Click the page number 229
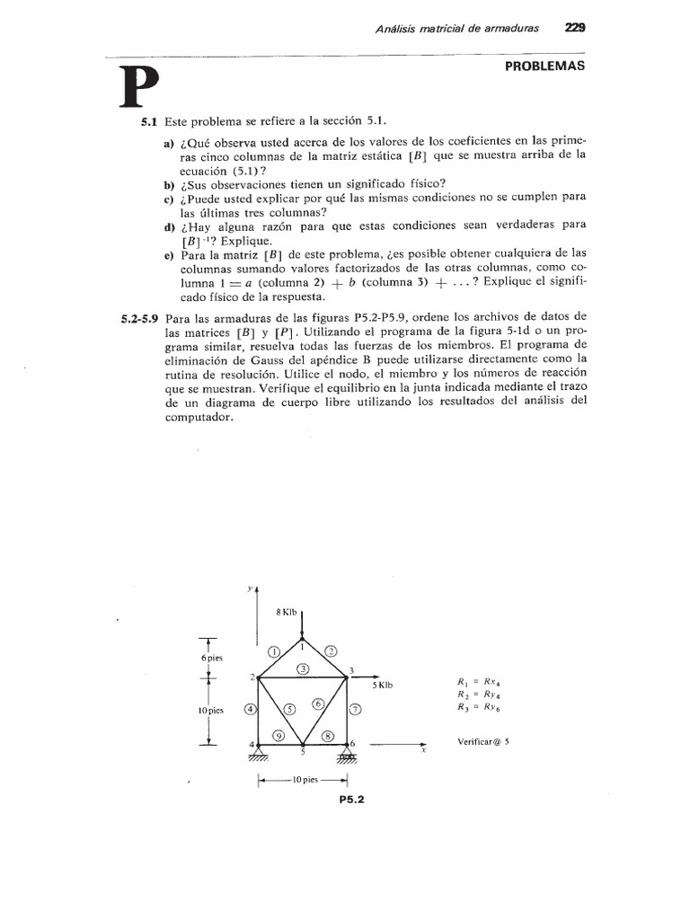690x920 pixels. [575, 28]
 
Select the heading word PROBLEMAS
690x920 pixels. [544, 66]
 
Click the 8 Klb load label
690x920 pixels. [285, 612]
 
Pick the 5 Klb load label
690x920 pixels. [383, 686]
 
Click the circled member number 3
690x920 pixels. [304, 668]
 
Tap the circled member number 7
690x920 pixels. [355, 709]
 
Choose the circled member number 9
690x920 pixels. [279, 735]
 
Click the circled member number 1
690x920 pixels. [274, 650]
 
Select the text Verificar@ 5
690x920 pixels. [483, 742]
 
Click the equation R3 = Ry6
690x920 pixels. [477, 707]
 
